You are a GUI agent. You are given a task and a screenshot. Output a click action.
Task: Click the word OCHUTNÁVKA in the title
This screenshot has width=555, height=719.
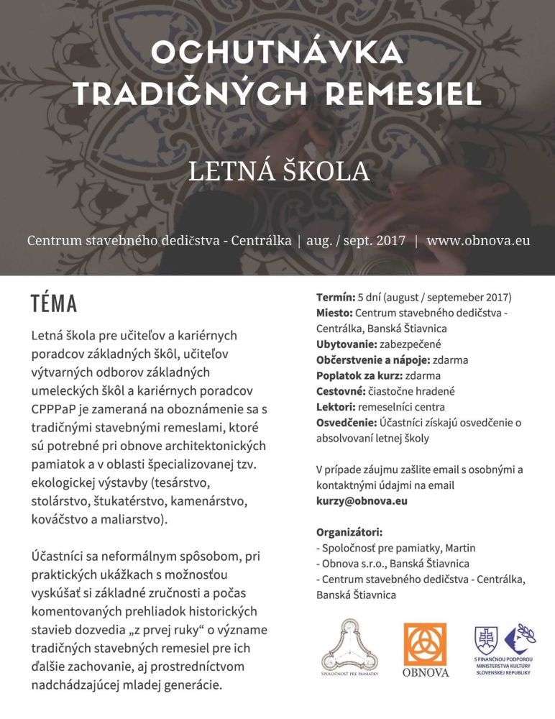(x=276, y=53)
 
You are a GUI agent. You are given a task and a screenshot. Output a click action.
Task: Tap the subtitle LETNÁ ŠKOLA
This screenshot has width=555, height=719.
(x=277, y=170)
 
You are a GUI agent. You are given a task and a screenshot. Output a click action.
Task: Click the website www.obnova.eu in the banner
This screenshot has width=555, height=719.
(x=478, y=240)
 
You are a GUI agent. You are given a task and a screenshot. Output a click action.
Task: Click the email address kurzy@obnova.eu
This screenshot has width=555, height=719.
(x=362, y=500)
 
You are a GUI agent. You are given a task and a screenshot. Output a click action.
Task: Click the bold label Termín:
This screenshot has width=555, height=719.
(x=335, y=297)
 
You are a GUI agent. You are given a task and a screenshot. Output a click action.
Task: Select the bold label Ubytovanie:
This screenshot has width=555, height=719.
(x=345, y=344)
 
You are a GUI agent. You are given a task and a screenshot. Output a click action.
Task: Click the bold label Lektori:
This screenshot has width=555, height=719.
(x=335, y=407)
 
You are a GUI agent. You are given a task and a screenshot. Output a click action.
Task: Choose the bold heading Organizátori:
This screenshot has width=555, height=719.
(x=349, y=532)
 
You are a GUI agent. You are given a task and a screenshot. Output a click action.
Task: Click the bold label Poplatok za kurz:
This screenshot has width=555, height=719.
(x=357, y=375)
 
